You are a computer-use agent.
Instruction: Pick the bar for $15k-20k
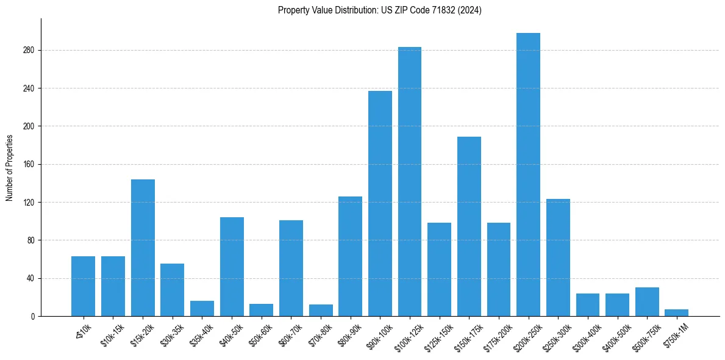[143, 248]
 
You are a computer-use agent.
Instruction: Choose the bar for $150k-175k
[469, 226]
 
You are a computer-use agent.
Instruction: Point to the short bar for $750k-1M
[676, 313]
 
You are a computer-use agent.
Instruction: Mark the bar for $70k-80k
[321, 311]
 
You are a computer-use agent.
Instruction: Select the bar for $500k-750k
[647, 302]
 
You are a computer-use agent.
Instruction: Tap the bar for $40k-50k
[232, 267]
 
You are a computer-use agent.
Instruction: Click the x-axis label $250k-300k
[555, 336]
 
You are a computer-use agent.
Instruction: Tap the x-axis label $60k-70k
[288, 335]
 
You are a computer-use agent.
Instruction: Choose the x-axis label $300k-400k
[585, 336]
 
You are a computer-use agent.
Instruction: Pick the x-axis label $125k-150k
[437, 336]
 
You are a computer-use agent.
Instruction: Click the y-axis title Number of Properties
[9, 168]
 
